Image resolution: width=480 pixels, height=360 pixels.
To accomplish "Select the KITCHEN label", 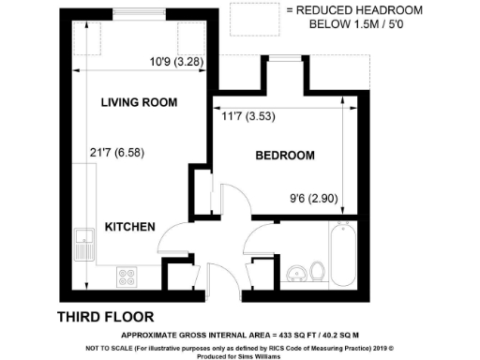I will (x=129, y=228).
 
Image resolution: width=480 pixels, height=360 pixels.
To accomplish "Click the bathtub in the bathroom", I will (x=342, y=251).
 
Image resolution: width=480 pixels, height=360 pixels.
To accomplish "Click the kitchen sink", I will (x=84, y=244).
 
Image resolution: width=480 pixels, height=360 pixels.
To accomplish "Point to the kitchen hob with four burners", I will (x=125, y=276).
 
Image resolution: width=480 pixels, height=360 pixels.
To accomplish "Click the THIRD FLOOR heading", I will (x=106, y=316).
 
